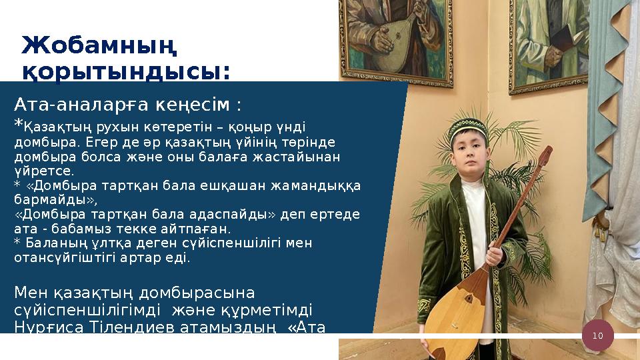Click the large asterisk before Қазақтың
click(x=19, y=124)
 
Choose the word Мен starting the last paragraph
click(x=31, y=293)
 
